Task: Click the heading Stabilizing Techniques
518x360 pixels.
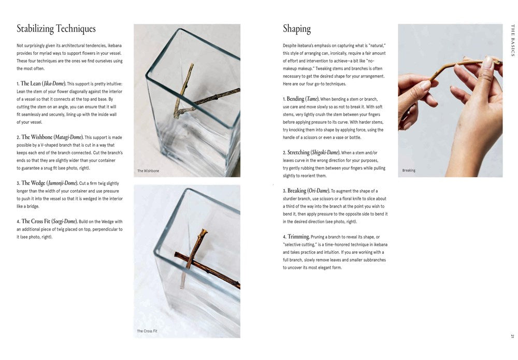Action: coord(56,28)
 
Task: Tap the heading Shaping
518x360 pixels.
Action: coord(297,28)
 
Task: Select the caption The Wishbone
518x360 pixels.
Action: coord(148,171)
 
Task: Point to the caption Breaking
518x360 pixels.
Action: coord(409,170)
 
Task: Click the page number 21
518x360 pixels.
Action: coord(512,337)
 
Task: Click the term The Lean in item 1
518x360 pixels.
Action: coord(31,83)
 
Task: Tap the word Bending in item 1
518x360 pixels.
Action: coord(296,99)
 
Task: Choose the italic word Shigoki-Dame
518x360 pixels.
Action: coord(325,153)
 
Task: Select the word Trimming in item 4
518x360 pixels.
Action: coord(298,237)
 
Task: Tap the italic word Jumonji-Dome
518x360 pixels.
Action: coord(63,183)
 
